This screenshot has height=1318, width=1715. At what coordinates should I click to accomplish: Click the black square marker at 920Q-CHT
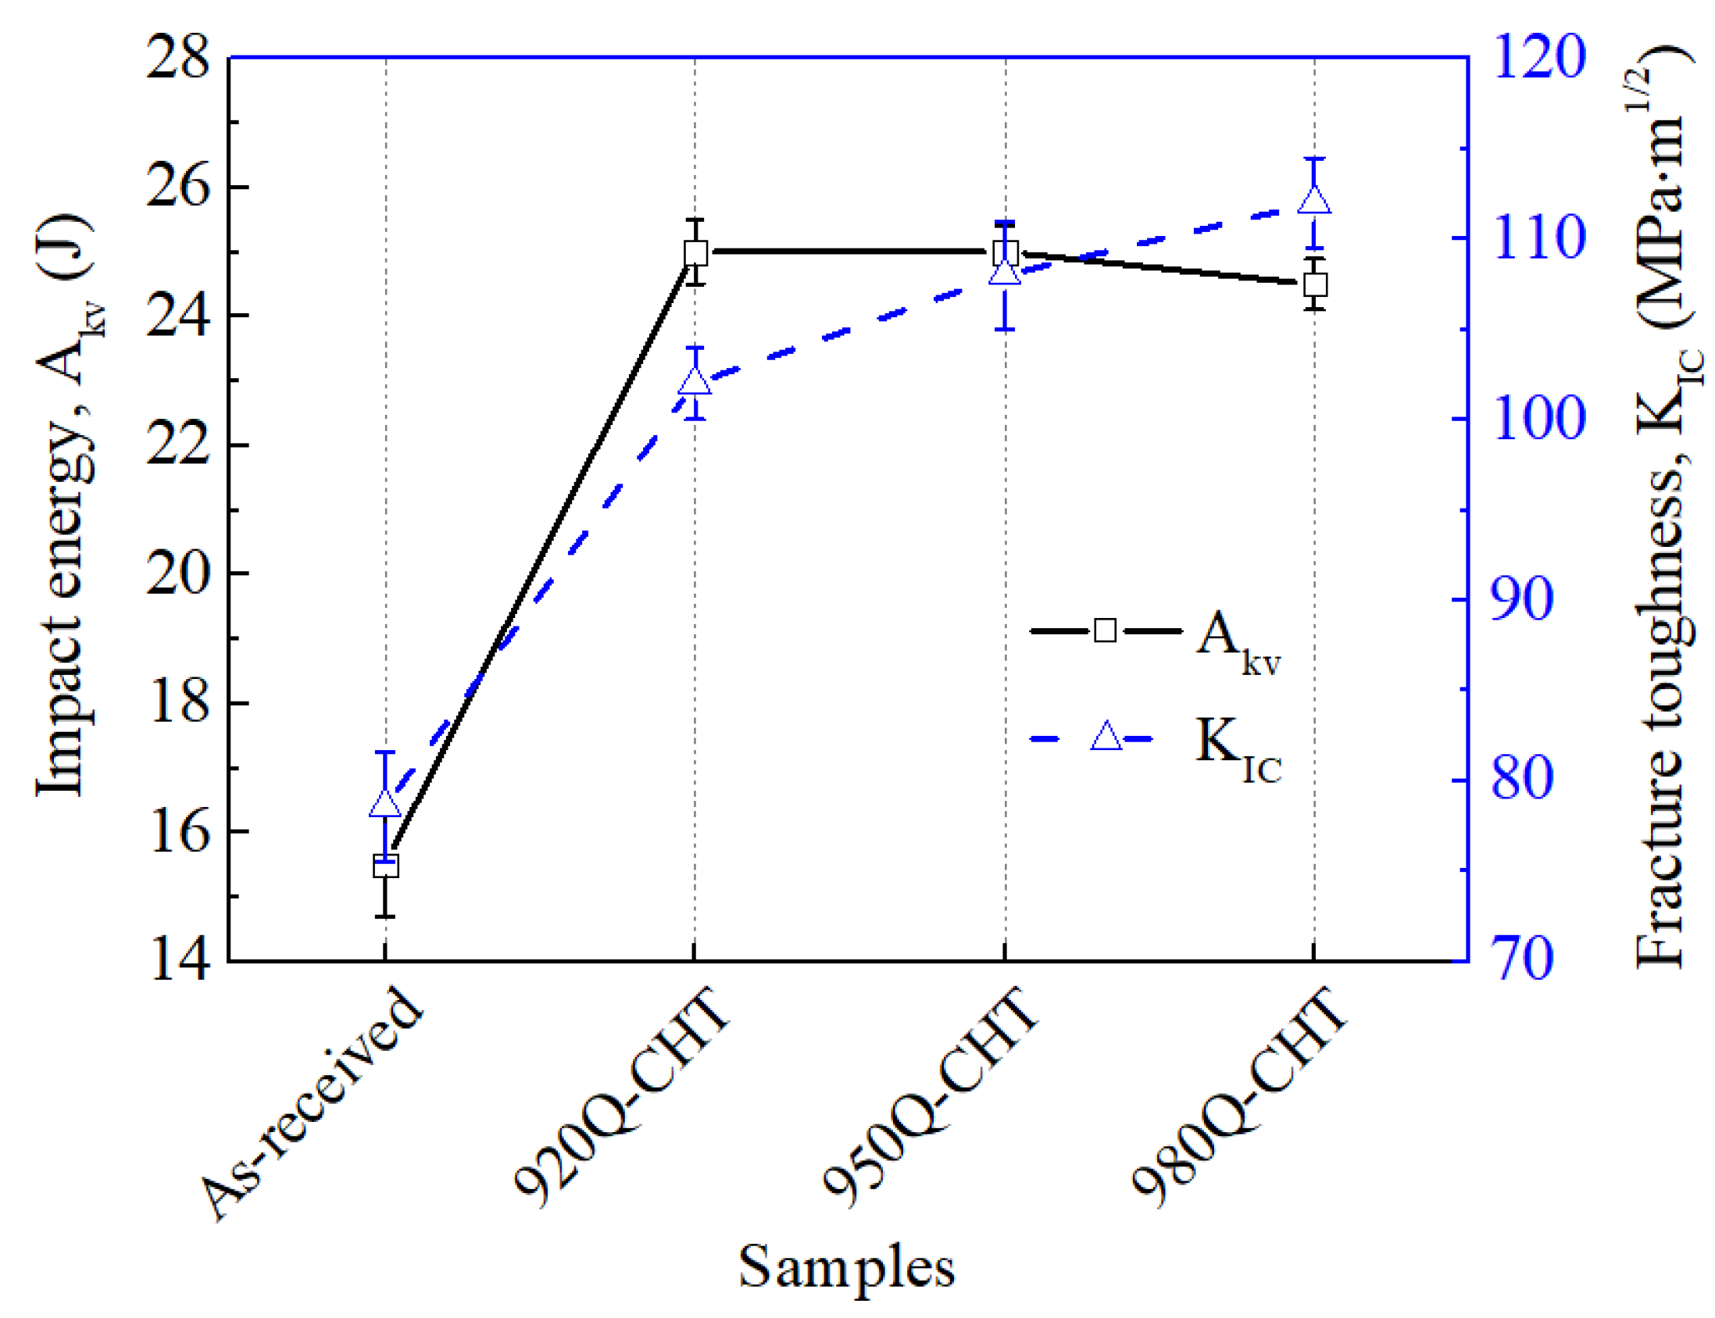click(695, 253)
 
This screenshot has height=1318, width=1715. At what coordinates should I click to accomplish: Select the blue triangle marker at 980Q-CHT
click(1314, 200)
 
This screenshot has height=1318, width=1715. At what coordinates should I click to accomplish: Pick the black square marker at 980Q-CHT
click(1315, 285)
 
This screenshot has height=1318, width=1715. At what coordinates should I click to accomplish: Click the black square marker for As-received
click(385, 867)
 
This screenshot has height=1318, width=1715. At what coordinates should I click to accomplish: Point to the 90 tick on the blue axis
click(1522, 600)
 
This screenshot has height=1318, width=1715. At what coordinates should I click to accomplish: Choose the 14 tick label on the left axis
click(178, 960)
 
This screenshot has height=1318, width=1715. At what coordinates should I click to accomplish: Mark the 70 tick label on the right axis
click(1522, 960)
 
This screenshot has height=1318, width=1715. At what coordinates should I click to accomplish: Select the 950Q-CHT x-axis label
click(930, 1098)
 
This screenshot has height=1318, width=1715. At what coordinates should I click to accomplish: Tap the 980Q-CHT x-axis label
click(1240, 1098)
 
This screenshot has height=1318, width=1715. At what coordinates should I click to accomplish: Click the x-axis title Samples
click(846, 1268)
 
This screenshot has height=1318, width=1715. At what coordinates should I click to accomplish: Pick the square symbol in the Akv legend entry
click(1105, 630)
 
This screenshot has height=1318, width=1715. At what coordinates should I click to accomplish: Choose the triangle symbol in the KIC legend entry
click(1106, 738)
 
